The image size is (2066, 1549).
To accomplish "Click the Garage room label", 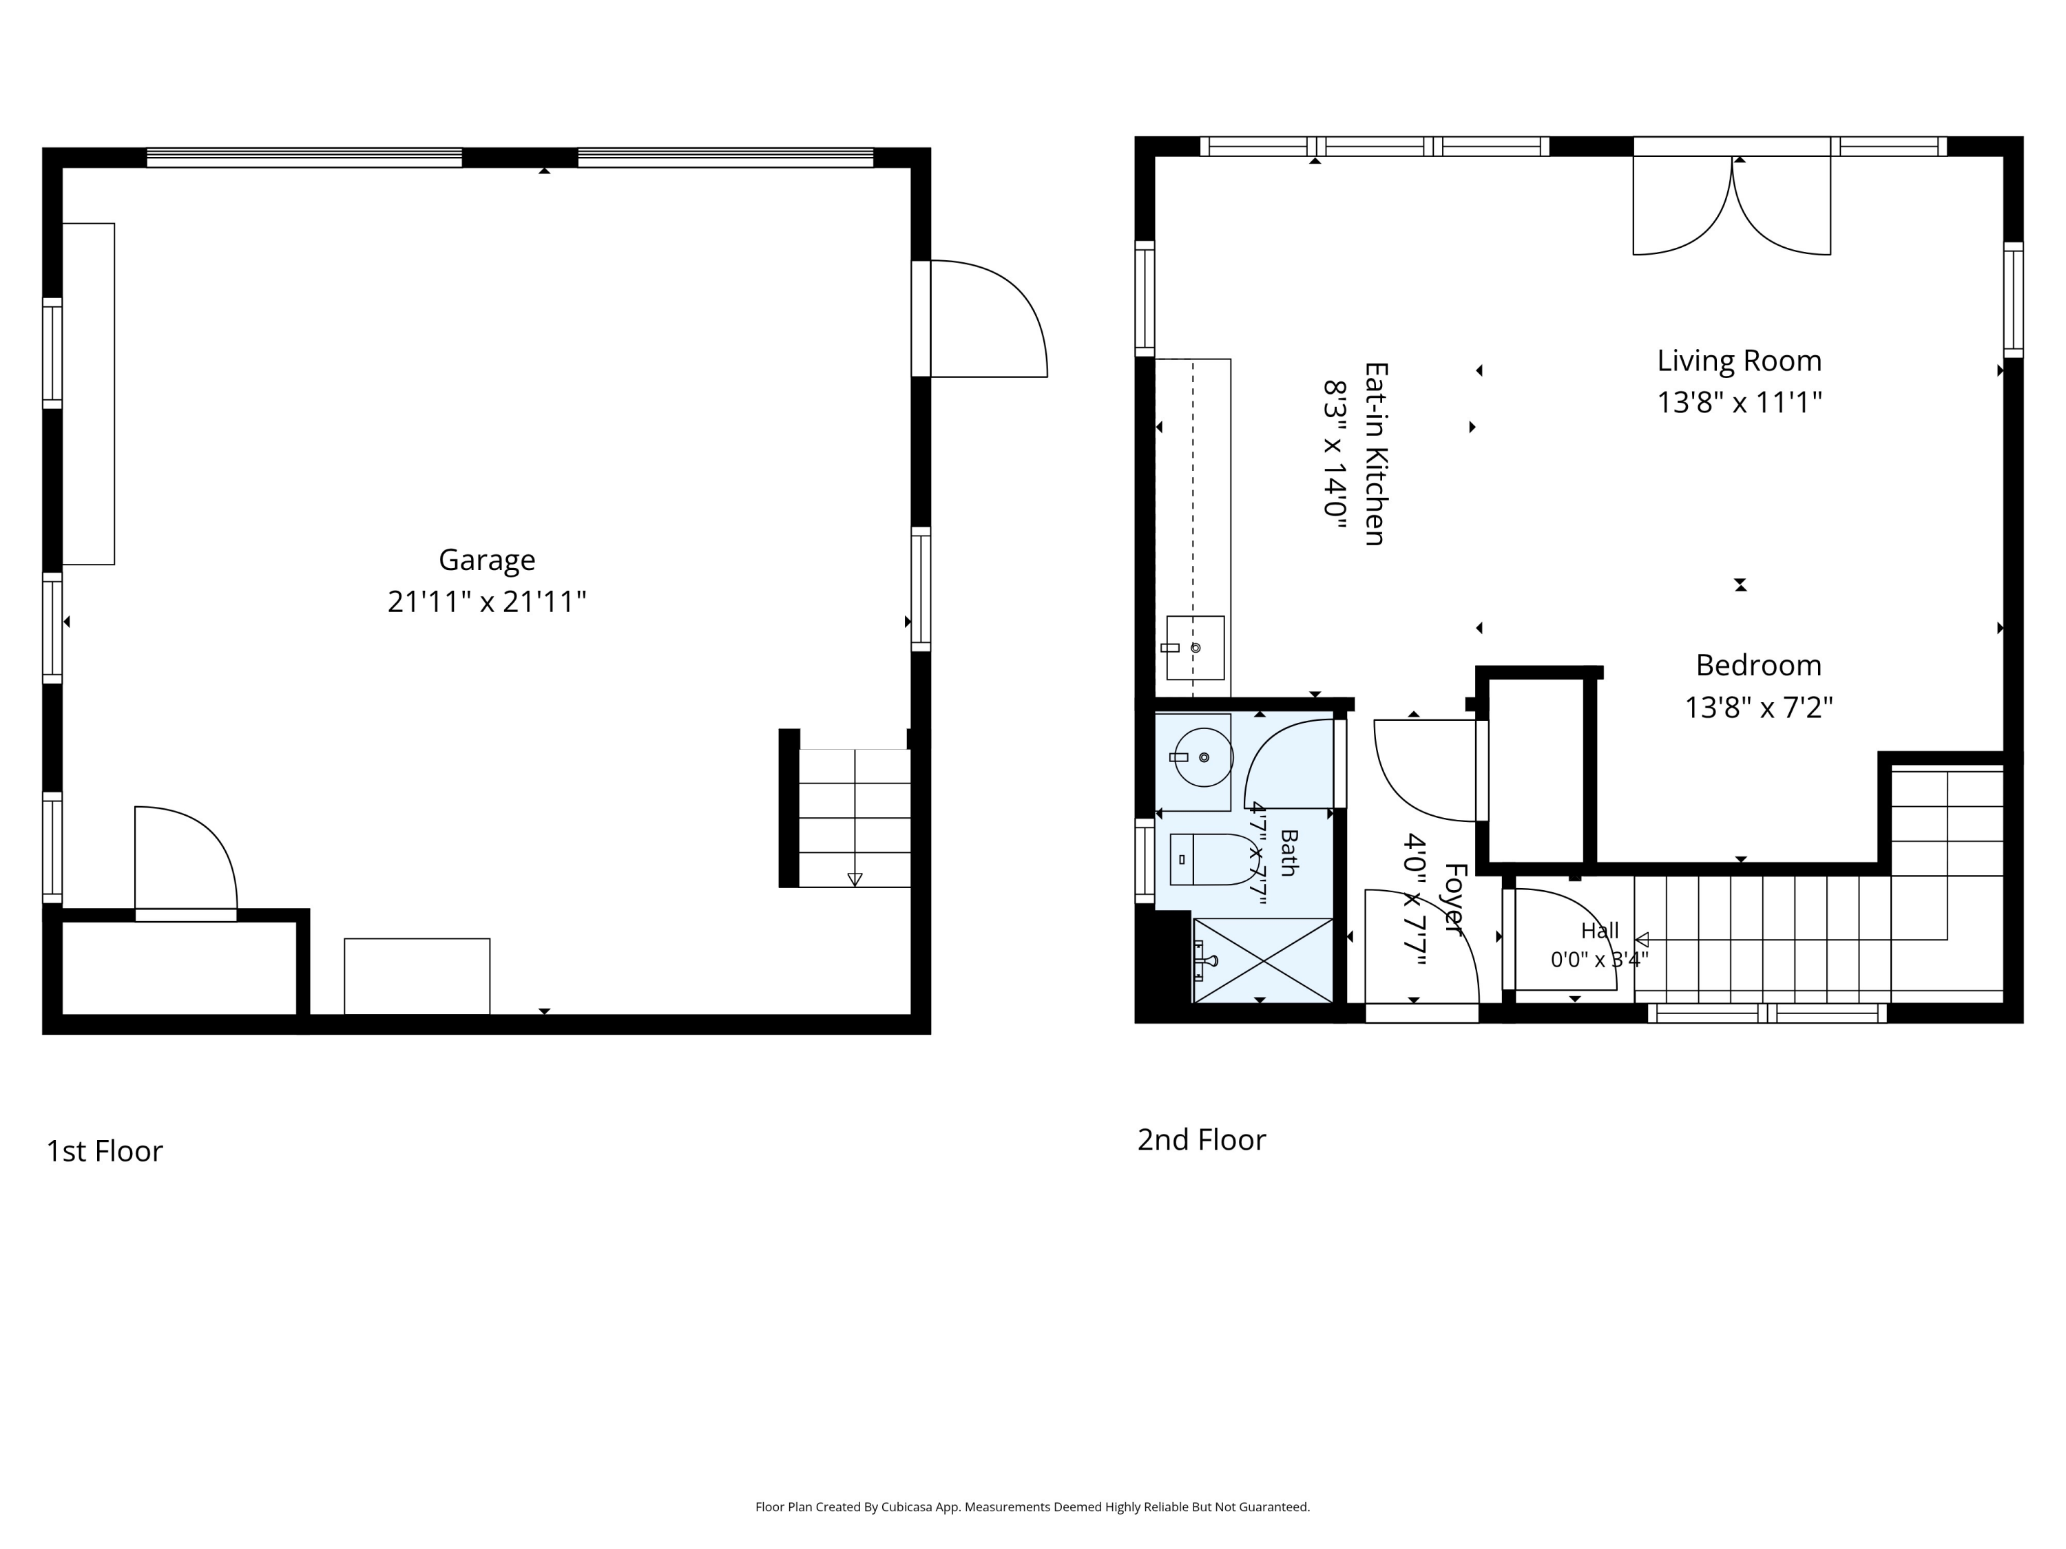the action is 487,560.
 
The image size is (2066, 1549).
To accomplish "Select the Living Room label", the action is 1739,361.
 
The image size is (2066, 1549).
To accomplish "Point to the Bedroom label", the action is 1759,666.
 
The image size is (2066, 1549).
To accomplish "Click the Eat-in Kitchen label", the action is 1375,454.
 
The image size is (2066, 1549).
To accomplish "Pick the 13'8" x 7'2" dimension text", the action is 1759,708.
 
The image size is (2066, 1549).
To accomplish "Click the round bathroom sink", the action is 1203,757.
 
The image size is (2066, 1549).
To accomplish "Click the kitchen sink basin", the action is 1195,647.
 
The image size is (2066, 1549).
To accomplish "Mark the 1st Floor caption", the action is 105,1151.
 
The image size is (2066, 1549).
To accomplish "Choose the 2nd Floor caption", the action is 1201,1140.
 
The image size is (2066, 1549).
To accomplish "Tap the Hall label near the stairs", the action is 1600,931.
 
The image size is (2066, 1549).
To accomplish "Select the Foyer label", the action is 1453,898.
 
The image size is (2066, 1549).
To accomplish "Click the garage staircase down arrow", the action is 855,880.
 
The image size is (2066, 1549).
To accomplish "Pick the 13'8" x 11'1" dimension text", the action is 1739,403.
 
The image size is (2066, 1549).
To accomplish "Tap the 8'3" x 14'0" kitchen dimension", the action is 1334,454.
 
